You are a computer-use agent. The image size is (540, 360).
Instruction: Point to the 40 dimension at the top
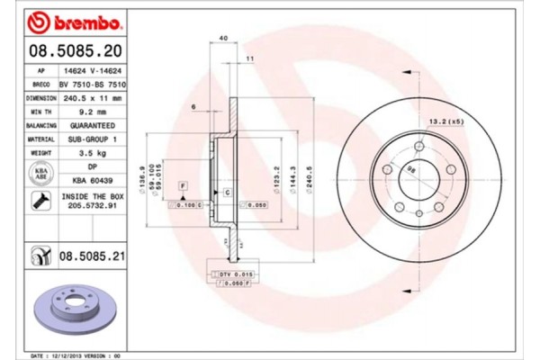pos(222,37)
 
